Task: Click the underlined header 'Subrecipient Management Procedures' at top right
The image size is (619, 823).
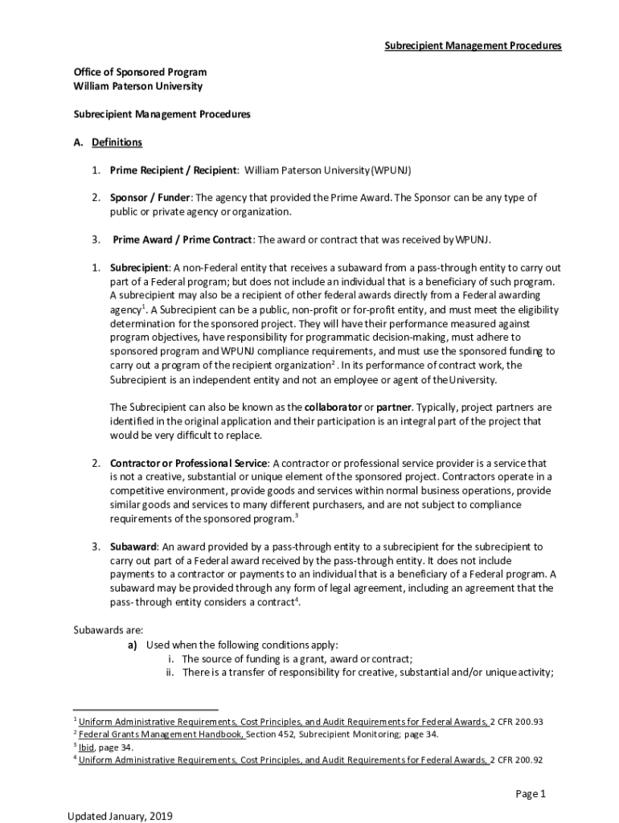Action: tap(472, 46)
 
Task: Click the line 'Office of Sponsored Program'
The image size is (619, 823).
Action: tap(140, 72)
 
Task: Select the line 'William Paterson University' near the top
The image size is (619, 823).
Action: tap(137, 86)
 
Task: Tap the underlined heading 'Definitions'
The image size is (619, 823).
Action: tap(117, 142)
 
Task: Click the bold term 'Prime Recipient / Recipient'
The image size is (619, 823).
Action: tap(174, 170)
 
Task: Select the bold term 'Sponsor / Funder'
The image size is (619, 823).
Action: tap(150, 198)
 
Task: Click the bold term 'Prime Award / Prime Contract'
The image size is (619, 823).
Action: tap(182, 240)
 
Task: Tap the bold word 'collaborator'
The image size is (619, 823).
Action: tap(334, 407)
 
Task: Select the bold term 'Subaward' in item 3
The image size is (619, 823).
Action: tap(133, 547)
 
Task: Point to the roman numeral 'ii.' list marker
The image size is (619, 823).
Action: tap(170, 673)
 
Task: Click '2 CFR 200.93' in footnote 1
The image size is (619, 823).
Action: tap(517, 722)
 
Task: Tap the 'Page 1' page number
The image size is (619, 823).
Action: tap(531, 794)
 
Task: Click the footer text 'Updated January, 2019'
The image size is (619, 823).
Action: tap(121, 817)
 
